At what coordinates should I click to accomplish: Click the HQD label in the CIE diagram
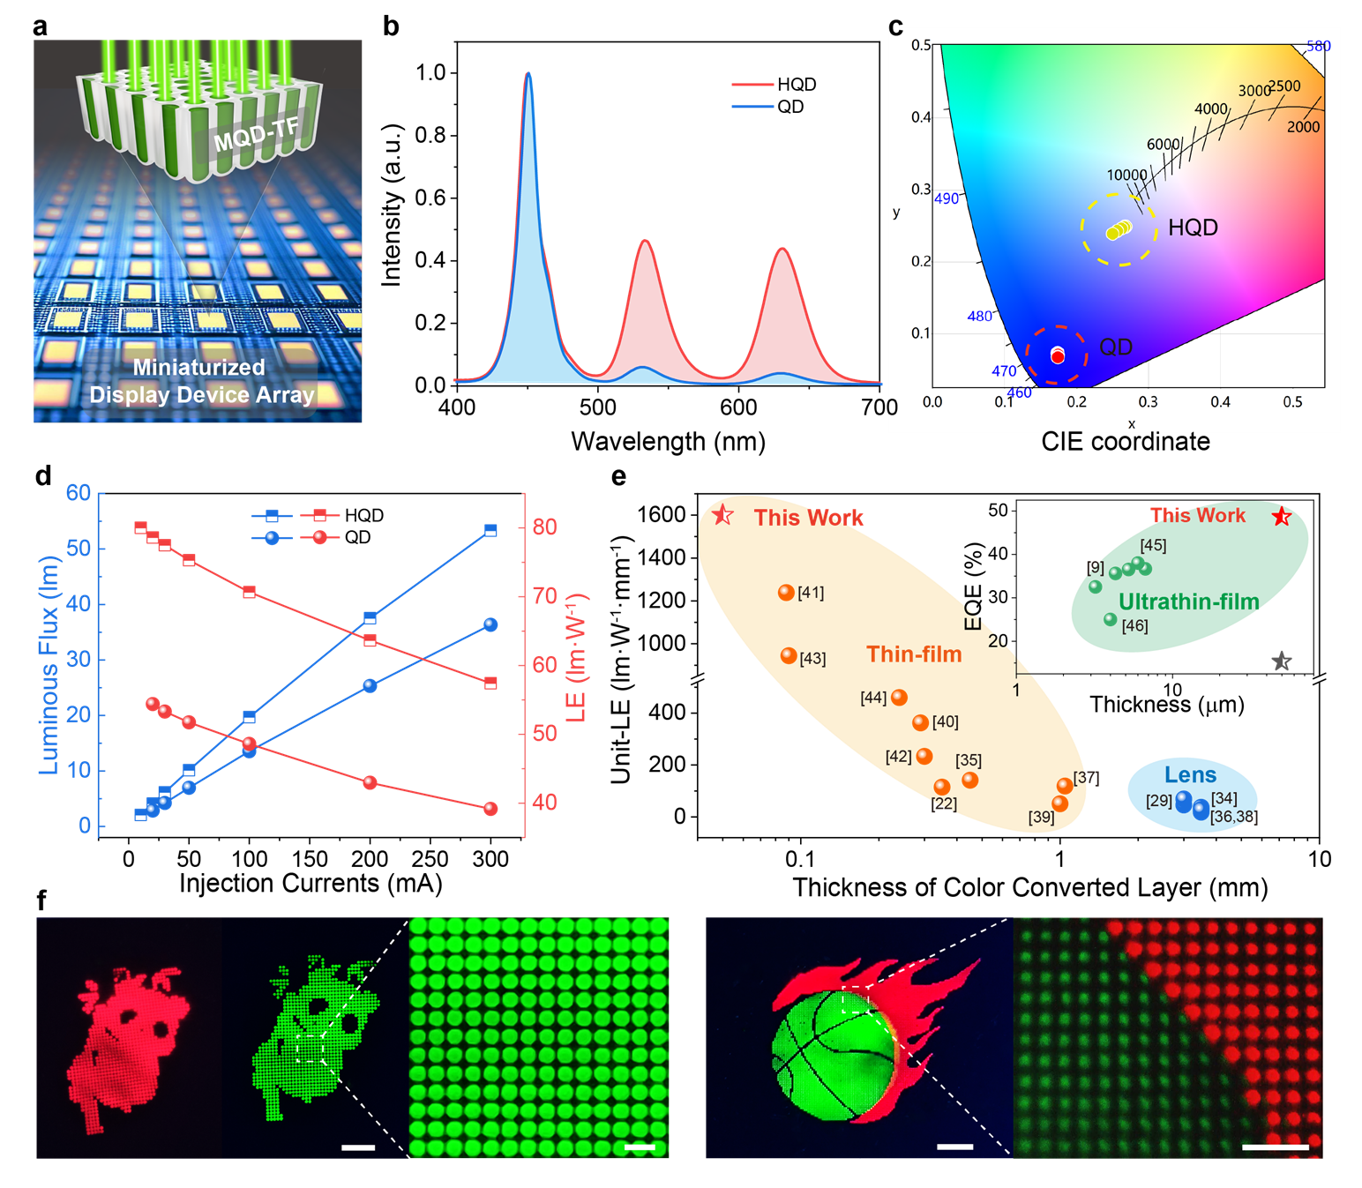pos(1193,228)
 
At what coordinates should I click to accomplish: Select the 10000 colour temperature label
pos(1126,175)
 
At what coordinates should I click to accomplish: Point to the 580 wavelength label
pos(1318,46)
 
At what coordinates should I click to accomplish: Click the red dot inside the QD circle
pos(1058,356)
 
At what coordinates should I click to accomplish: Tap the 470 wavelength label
pos(1004,371)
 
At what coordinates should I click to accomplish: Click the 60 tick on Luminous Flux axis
pos(79,493)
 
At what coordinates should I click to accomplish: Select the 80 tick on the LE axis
pos(545,527)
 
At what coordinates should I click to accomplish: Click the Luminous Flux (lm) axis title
pos(49,665)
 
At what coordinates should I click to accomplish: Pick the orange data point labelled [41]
pos(786,593)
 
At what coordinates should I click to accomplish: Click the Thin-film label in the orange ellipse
pos(914,654)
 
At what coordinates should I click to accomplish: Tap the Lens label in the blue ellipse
pos(1190,775)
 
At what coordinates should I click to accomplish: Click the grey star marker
pos(1282,661)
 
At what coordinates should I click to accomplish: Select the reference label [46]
pos(1134,626)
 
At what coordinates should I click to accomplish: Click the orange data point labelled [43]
pos(789,655)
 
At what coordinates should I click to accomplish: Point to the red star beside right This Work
pos(1282,517)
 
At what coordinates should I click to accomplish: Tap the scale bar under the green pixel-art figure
pos(357,1147)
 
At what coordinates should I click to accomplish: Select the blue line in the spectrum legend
pos(752,107)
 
